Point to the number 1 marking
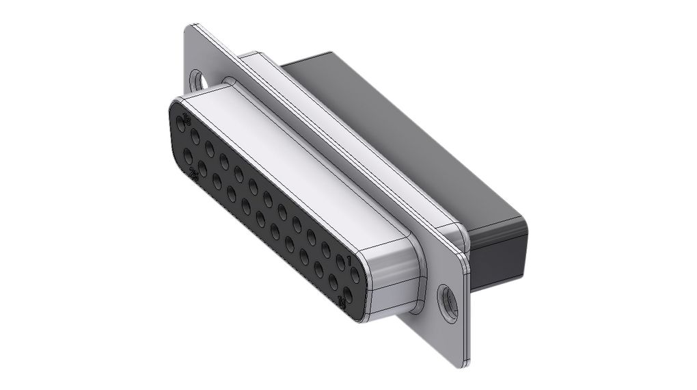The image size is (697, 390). (348, 260)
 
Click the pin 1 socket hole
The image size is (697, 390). (355, 275)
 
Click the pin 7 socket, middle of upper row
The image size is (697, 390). (268, 199)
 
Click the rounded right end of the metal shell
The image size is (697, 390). (396, 274)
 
